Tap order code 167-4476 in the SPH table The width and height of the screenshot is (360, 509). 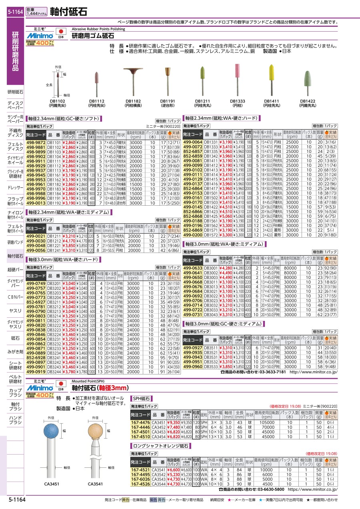(x=141, y=422)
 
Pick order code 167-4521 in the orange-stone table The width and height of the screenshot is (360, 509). (x=141, y=469)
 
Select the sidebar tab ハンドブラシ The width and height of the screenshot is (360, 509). (x=16, y=420)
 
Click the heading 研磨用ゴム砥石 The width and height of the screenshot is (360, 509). (x=92, y=36)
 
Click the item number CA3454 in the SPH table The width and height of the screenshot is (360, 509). (x=158, y=437)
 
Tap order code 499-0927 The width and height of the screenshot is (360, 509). (x=193, y=348)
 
